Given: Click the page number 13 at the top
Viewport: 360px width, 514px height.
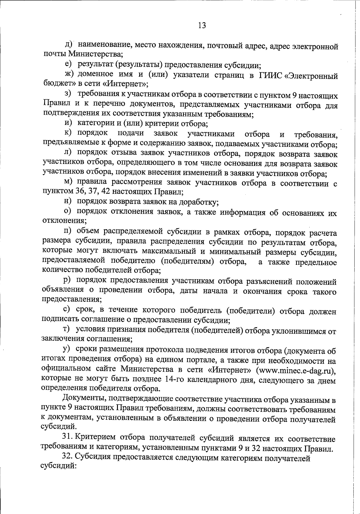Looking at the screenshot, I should click(x=202, y=26).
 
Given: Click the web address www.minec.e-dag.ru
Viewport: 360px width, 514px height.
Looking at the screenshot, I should click(x=296, y=370).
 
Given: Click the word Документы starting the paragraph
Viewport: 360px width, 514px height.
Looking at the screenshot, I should click(x=82, y=400).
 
